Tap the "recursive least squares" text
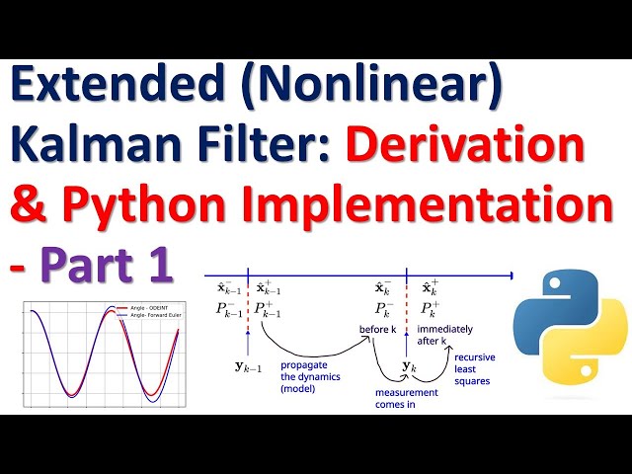(x=475, y=367)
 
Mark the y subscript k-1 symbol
(x=249, y=367)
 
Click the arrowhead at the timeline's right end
(x=509, y=275)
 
